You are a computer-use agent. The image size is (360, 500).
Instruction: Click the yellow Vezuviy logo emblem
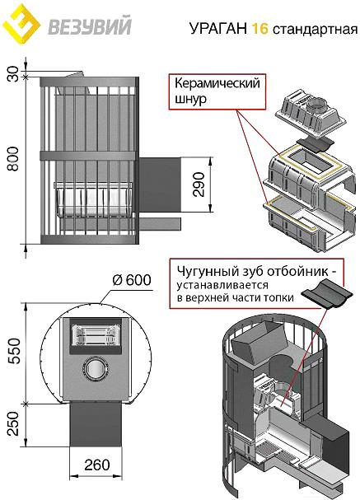click(x=21, y=24)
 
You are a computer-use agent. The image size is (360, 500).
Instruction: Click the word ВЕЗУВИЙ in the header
click(x=90, y=26)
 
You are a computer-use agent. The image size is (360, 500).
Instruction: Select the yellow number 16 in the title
click(x=259, y=28)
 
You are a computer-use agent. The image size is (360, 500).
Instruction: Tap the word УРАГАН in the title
click(x=218, y=28)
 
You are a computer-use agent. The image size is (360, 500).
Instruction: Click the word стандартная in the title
click(x=315, y=30)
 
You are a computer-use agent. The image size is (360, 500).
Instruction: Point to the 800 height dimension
click(x=13, y=159)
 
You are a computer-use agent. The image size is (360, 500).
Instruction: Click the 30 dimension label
click(x=13, y=73)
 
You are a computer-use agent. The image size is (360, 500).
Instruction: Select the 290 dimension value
click(x=199, y=185)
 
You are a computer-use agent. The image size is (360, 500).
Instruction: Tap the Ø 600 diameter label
click(x=132, y=280)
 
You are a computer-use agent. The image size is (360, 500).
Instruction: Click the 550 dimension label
click(x=14, y=351)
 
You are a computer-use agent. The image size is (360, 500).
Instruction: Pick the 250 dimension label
click(x=13, y=423)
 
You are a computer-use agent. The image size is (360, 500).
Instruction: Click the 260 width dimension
click(x=97, y=465)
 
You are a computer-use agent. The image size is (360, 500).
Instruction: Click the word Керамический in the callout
click(x=217, y=83)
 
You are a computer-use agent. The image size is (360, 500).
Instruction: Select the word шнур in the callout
click(x=190, y=99)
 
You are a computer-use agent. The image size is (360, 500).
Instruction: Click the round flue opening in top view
click(x=96, y=367)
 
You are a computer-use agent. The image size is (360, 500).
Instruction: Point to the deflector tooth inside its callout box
click(x=327, y=294)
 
